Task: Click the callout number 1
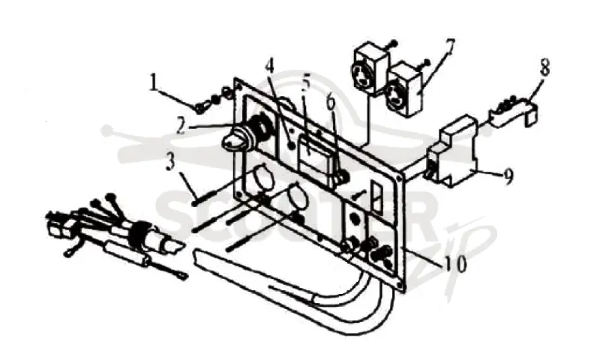pyautogui.click(x=153, y=83)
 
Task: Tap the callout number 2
pyautogui.click(x=181, y=127)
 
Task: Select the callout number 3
pyautogui.click(x=170, y=162)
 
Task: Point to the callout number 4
pyautogui.click(x=270, y=67)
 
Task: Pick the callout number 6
pyautogui.click(x=331, y=101)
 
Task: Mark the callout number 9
pyautogui.click(x=508, y=177)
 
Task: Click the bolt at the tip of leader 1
pyautogui.click(x=199, y=108)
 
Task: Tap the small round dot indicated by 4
pyautogui.click(x=292, y=145)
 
